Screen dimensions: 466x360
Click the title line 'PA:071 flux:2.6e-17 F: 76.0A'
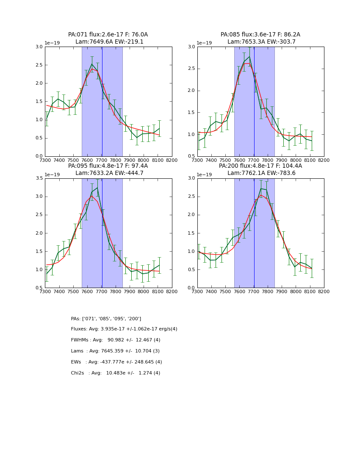click(108, 35)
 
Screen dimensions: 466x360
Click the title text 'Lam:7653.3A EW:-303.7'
click(261, 42)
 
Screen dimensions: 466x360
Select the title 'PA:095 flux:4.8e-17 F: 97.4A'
click(108, 166)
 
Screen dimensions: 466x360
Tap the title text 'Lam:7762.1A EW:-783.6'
click(261, 173)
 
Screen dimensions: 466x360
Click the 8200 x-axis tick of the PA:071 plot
click(172, 161)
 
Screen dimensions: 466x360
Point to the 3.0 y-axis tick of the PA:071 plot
click(39, 47)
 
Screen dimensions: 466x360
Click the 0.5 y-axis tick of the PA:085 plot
click(191, 156)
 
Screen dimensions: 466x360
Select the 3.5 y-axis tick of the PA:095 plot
click(39, 178)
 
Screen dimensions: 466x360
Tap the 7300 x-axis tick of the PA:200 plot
click(197, 292)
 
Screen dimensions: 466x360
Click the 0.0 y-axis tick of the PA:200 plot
click(191, 288)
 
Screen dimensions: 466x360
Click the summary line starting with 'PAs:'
click(106, 319)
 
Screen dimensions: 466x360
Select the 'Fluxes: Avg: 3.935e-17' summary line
click(124, 329)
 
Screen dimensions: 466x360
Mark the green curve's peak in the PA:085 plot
click(249, 57)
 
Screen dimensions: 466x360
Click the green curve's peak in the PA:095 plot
click(97, 188)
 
